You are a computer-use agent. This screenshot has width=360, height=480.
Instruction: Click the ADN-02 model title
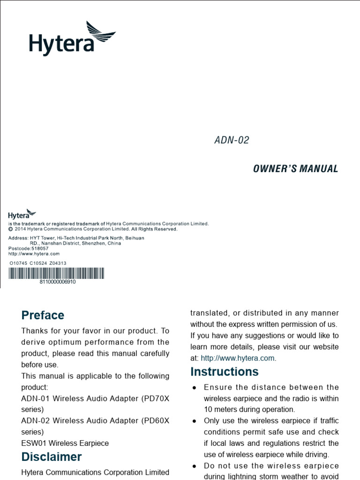[232, 140]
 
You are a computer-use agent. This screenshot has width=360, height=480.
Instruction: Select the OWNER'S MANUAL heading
[295, 169]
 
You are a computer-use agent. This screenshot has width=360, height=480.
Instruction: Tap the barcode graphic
[56, 274]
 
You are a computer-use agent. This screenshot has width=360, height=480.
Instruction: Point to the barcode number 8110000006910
[58, 282]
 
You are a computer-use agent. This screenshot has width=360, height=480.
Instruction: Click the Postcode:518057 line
[28, 248]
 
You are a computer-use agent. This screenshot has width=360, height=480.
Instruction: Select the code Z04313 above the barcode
[58, 263]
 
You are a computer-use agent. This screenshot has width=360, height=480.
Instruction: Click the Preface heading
[43, 315]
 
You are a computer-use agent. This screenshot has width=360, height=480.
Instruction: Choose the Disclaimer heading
[52, 457]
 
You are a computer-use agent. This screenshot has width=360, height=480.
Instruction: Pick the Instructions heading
[224, 372]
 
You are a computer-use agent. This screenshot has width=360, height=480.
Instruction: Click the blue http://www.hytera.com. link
[239, 358]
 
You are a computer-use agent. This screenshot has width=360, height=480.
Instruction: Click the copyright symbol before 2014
[11, 229]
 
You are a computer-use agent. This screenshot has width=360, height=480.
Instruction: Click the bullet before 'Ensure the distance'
[195, 388]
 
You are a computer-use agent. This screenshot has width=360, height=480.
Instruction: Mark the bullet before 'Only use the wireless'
[195, 421]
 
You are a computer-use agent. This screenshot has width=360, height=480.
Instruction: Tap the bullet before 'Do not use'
[195, 466]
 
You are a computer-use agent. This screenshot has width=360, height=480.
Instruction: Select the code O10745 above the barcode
[18, 263]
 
